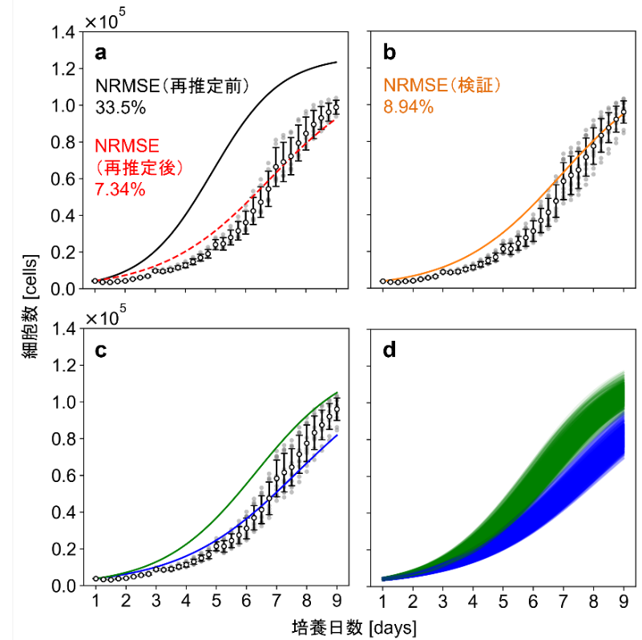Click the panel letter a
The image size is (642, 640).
coord(101,54)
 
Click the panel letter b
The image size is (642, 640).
coord(390,54)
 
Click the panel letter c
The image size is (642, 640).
coord(101,350)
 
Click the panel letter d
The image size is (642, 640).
coord(390,350)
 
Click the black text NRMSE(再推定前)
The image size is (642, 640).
coord(174,85)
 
